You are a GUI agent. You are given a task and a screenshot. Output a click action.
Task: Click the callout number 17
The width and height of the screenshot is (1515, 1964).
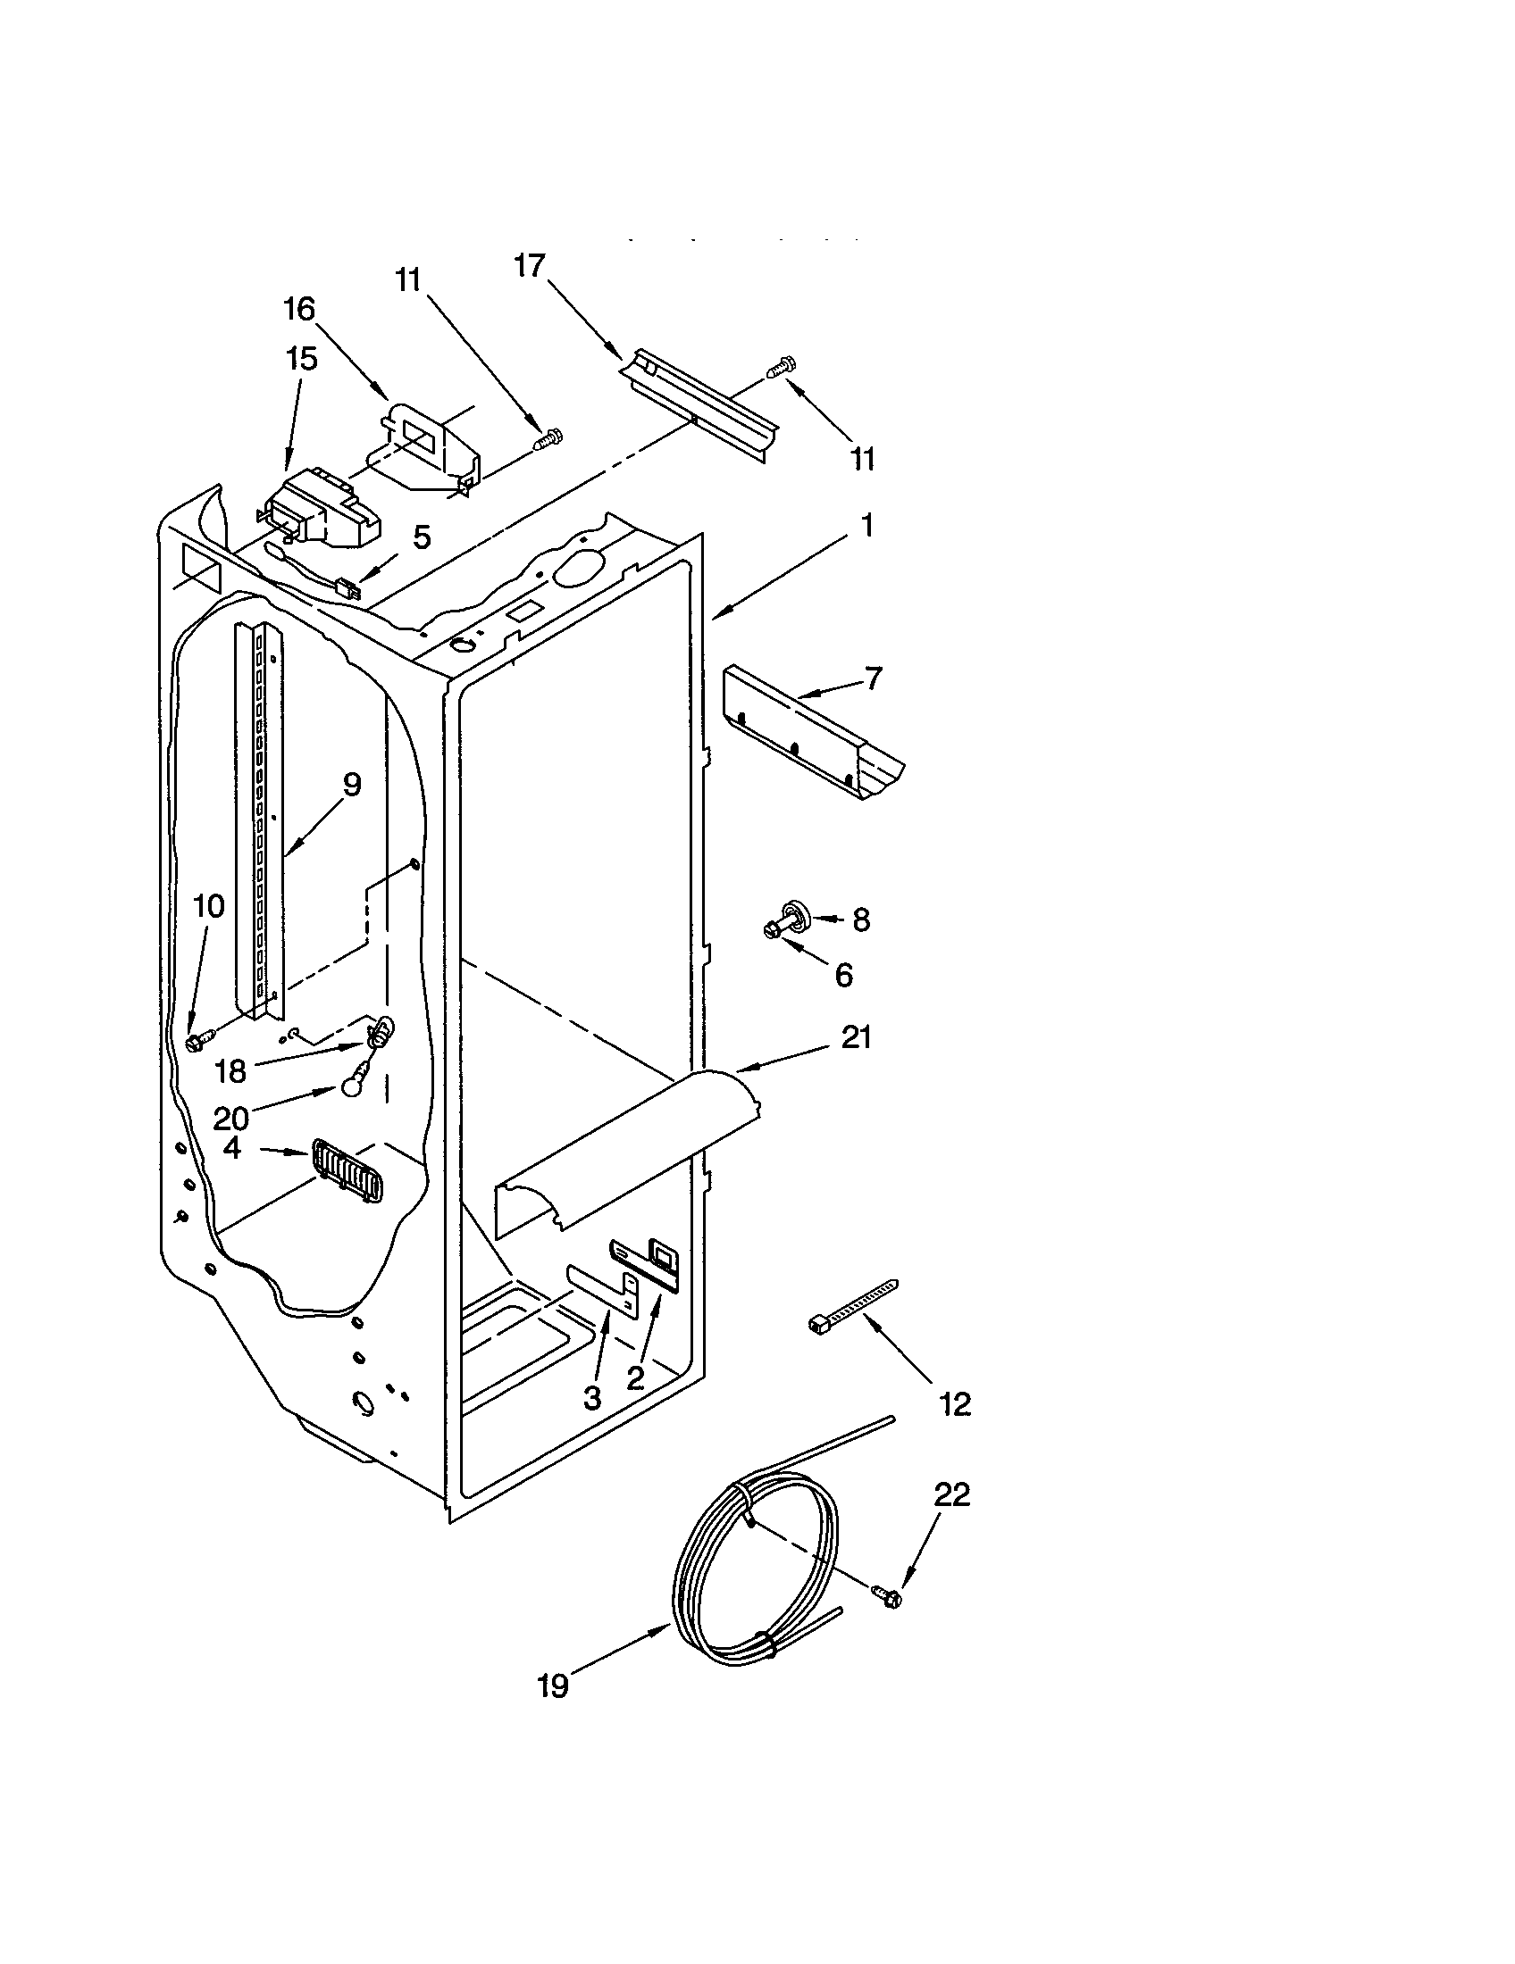[x=530, y=266]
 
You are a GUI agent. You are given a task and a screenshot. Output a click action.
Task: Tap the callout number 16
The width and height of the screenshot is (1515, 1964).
[x=299, y=310]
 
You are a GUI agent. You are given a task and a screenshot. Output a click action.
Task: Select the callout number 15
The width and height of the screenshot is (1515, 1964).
[x=301, y=359]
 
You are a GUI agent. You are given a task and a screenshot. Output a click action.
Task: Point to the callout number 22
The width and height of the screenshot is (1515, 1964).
[x=953, y=1494]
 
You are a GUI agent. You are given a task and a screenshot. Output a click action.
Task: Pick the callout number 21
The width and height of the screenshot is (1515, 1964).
[x=856, y=1037]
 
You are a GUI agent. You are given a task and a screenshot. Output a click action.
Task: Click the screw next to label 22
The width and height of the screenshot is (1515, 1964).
[x=886, y=1596]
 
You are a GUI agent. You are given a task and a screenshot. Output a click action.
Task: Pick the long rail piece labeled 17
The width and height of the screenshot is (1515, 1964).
[x=702, y=400]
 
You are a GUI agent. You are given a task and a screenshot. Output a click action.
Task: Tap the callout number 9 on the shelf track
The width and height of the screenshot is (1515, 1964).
[x=352, y=784]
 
